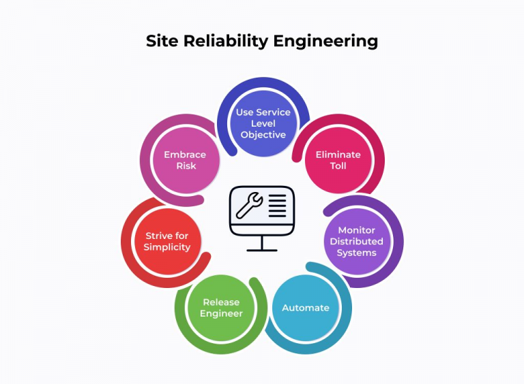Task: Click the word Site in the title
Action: pyautogui.click(x=162, y=41)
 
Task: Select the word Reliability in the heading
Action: pyautogui.click(x=226, y=42)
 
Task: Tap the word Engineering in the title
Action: pyautogui.click(x=326, y=42)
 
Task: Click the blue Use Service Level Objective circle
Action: pyautogui.click(x=263, y=123)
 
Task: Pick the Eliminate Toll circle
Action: pyautogui.click(x=338, y=160)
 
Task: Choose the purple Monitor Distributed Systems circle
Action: pyautogui.click(x=357, y=241)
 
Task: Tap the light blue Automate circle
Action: pyautogui.click(x=306, y=308)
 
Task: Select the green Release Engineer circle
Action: pyautogui.click(x=221, y=308)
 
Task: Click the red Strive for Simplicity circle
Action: pyautogui.click(x=167, y=241)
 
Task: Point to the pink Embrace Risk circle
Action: pyautogui.click(x=186, y=160)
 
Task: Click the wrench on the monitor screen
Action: pyautogui.click(x=249, y=205)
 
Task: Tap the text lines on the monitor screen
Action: pyautogui.click(x=278, y=206)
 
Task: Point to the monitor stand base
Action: pyautogui.click(x=262, y=250)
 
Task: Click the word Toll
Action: pyautogui.click(x=338, y=165)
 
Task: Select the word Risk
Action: pyautogui.click(x=186, y=165)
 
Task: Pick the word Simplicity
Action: pyautogui.click(x=167, y=247)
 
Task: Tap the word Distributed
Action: pyautogui.click(x=357, y=241)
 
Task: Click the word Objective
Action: pyautogui.click(x=263, y=135)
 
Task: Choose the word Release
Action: pyautogui.click(x=221, y=302)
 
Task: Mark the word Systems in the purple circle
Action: pyautogui.click(x=357, y=253)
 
